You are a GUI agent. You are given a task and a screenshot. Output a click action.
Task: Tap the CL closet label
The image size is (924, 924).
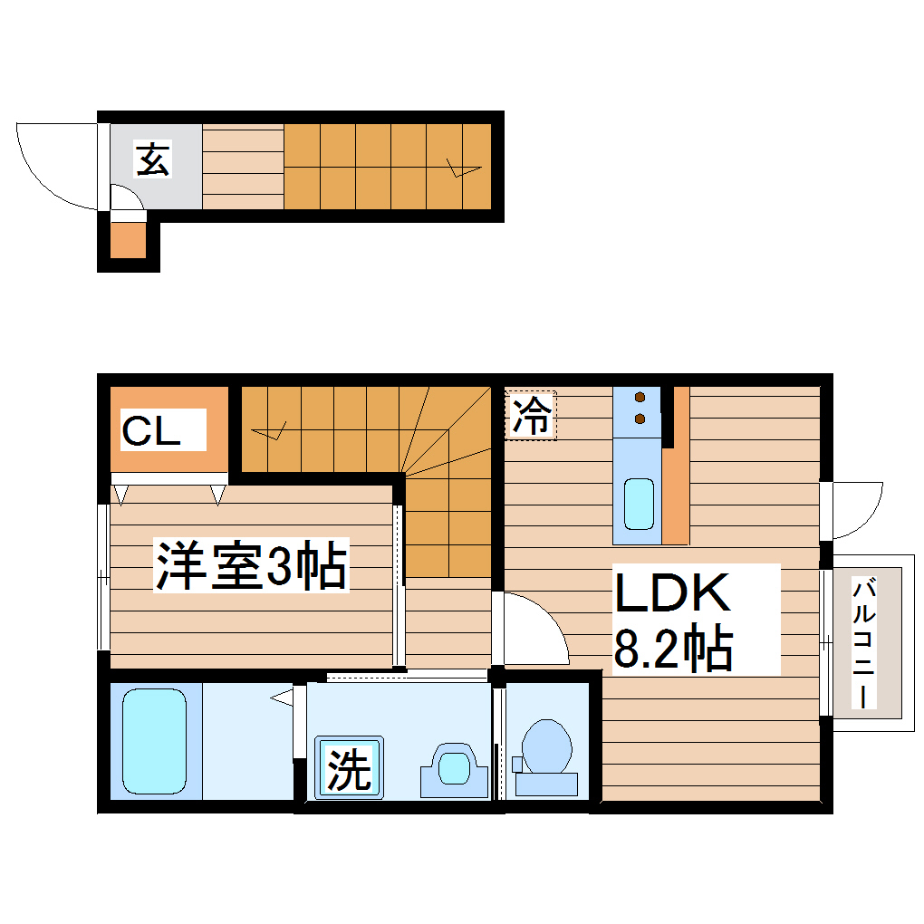pos(151,431)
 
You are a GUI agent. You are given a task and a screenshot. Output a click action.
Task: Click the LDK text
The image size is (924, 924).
pos(672,593)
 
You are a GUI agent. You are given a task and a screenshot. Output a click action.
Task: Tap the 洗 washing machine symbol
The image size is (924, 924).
pos(349,768)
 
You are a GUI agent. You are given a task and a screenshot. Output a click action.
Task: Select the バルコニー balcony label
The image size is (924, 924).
pos(865,643)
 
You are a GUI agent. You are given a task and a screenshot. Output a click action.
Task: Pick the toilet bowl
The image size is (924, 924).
pos(547,748)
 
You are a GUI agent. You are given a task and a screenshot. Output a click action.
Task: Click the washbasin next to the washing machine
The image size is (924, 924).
pos(453,768)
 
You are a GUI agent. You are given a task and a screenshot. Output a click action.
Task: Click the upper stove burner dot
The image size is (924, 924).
pos(640,397)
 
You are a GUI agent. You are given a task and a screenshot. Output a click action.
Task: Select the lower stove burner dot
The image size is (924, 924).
pos(640,418)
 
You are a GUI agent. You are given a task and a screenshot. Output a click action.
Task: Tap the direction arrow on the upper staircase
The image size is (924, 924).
pos(464,168)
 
